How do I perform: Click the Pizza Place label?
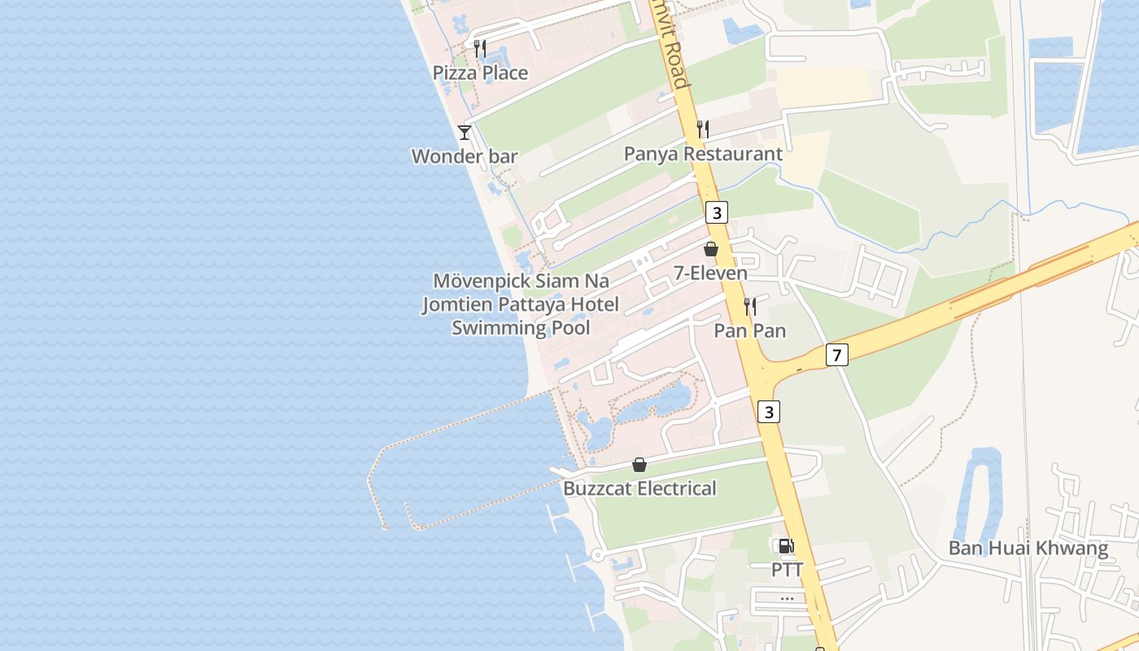point(480,73)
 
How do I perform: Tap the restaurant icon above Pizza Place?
point(480,49)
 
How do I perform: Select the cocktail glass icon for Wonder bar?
point(465,132)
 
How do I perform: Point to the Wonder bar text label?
point(465,156)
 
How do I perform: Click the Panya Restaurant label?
point(703,154)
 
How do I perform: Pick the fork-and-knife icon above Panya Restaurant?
point(703,129)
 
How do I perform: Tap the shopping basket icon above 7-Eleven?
point(711,249)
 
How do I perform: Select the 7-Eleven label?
point(710,273)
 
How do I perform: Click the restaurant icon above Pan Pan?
point(750,307)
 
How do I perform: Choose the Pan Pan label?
point(750,330)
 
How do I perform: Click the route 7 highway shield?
point(836,355)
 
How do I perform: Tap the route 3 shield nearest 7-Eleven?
point(716,212)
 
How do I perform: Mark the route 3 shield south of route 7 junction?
point(769,412)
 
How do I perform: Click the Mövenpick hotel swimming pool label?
point(521,304)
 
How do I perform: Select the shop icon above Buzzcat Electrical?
point(639,465)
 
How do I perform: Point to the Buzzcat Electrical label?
point(639,488)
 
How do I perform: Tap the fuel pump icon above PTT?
point(786,546)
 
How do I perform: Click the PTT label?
point(787,570)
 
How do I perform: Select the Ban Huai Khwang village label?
point(1028,548)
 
